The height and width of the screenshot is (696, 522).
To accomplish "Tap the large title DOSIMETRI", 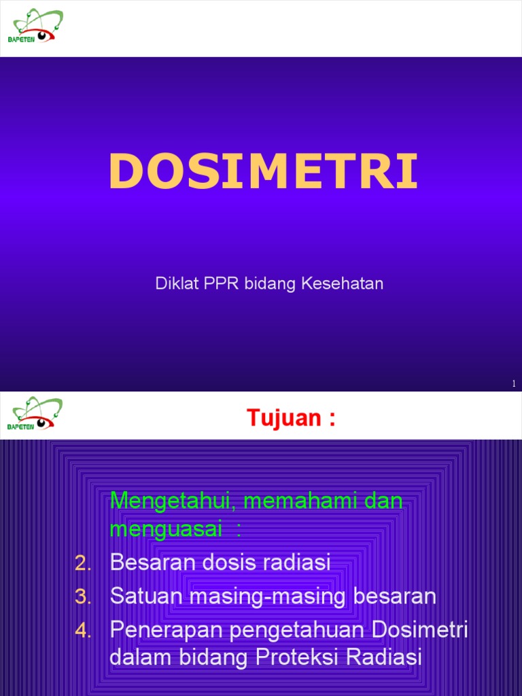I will [x=262, y=171].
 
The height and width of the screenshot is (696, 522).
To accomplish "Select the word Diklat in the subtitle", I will [x=175, y=283].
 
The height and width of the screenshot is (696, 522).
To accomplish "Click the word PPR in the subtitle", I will [x=216, y=283].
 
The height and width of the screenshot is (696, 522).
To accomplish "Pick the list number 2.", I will [x=83, y=563].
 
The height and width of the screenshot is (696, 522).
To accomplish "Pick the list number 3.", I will [x=83, y=597].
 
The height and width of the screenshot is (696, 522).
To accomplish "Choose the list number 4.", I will [x=83, y=631].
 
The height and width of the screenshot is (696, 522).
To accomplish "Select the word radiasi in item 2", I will [x=300, y=563].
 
